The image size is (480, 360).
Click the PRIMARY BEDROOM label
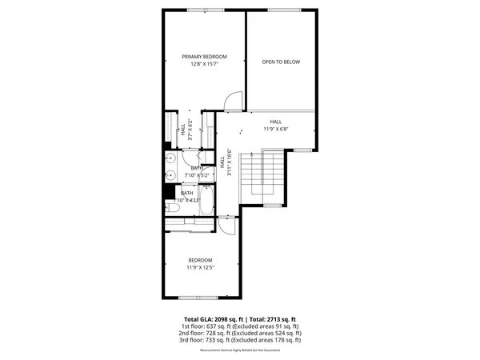tap(205, 57)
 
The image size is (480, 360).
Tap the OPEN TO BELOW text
tap(282, 62)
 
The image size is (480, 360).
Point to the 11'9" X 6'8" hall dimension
tap(275, 128)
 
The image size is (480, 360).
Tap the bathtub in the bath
tap(206, 201)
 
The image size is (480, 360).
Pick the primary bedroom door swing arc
tap(230, 101)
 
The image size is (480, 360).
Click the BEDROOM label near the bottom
tap(200, 260)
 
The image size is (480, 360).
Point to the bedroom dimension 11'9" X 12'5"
tap(200, 267)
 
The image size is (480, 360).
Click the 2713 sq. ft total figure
tap(280, 319)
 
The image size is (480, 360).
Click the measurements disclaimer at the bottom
tap(241, 349)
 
